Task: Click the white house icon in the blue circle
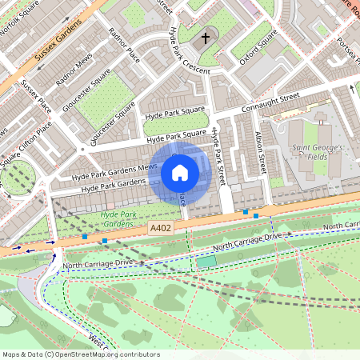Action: coord(180,171)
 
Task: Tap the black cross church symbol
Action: coord(205,37)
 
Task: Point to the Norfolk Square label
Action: coord(20,16)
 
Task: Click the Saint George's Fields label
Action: coord(317,152)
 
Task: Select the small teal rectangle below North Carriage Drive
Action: coord(206,261)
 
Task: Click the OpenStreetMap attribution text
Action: coord(80,354)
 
